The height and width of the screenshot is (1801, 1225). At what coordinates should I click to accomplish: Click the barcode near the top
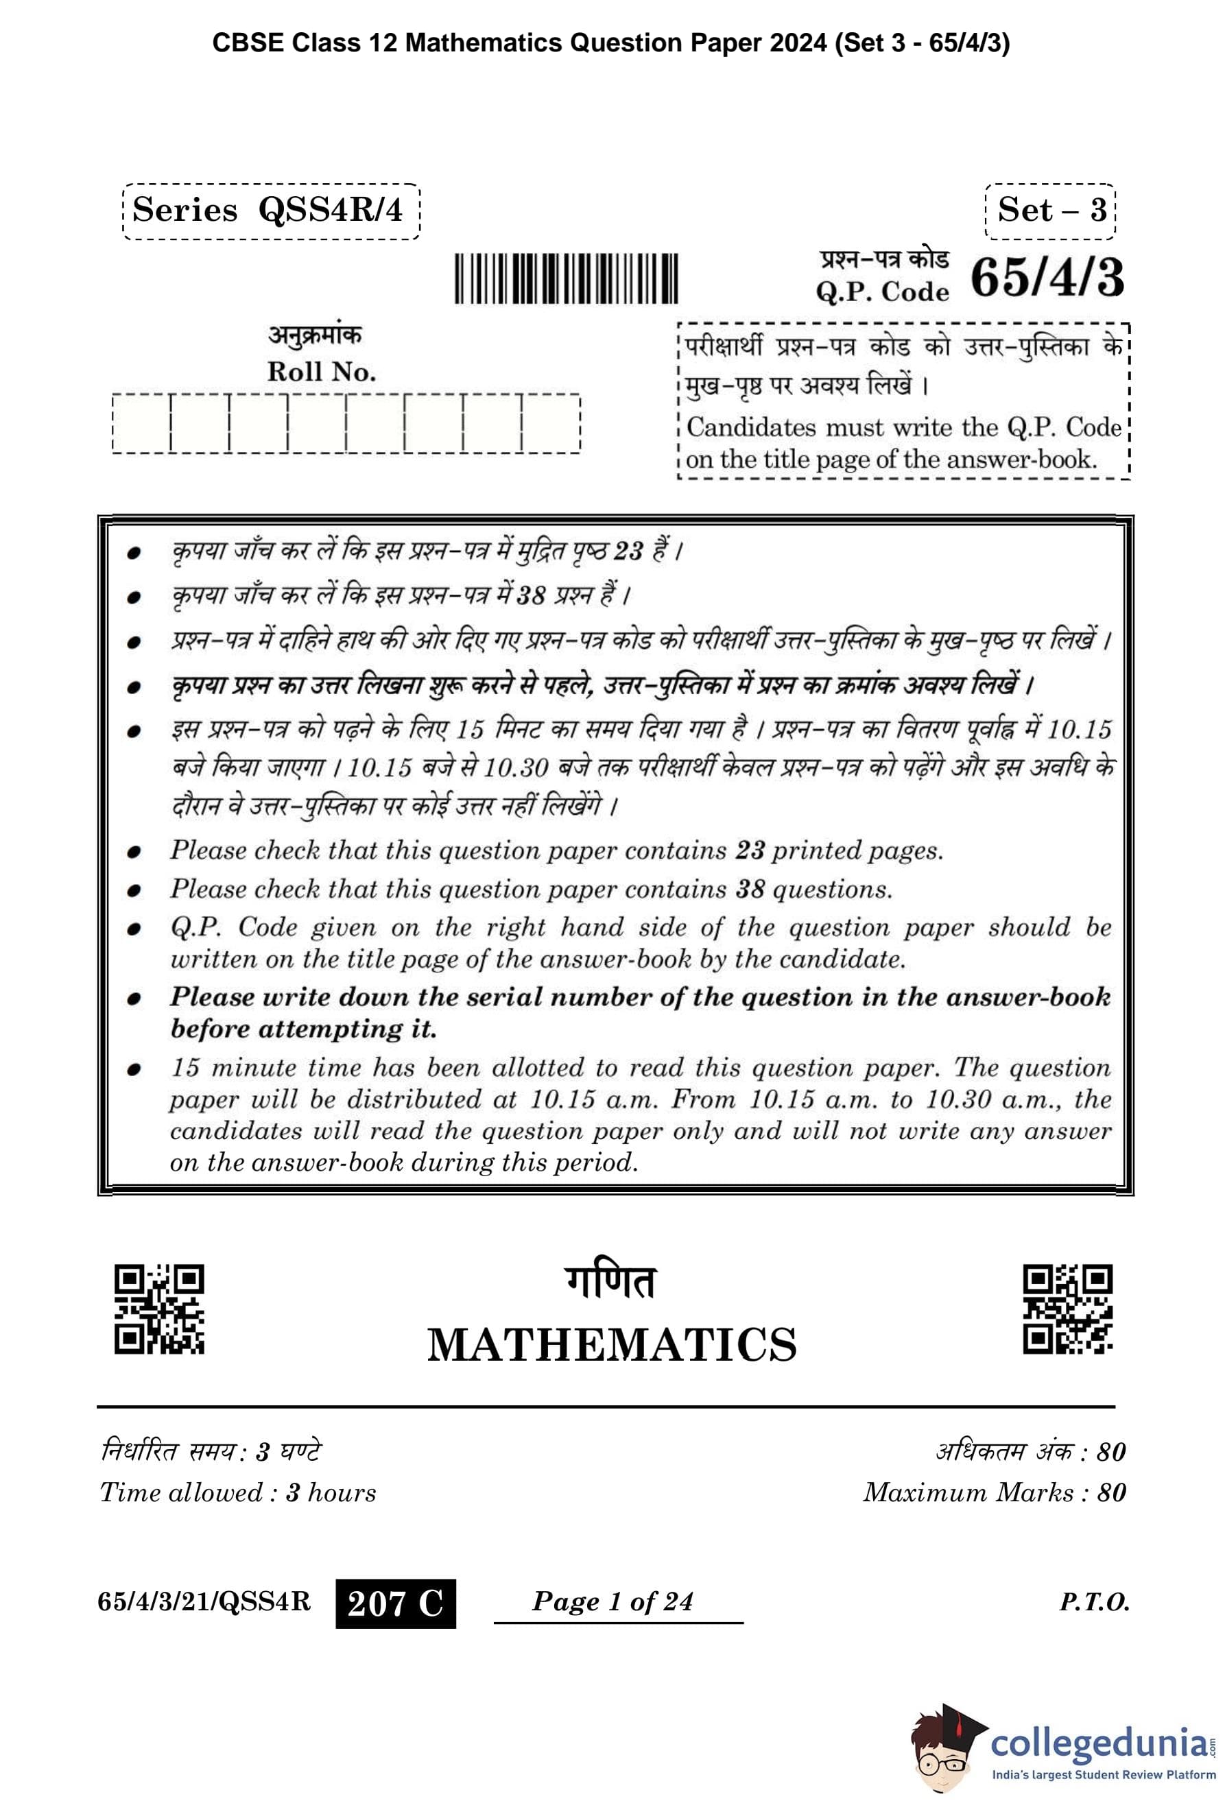point(566,278)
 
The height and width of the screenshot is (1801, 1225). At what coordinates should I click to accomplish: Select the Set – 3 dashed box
point(1050,211)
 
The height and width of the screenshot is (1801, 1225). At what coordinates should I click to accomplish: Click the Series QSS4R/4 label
point(270,211)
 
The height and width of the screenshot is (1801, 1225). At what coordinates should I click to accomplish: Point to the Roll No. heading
point(322,372)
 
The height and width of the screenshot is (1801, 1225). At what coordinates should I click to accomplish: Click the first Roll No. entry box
point(141,423)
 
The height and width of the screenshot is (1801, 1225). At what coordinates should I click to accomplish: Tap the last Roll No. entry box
point(551,423)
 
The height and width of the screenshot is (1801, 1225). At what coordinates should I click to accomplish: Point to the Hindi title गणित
point(610,1283)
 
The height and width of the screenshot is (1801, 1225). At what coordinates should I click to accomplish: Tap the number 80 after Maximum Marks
point(1111,1492)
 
